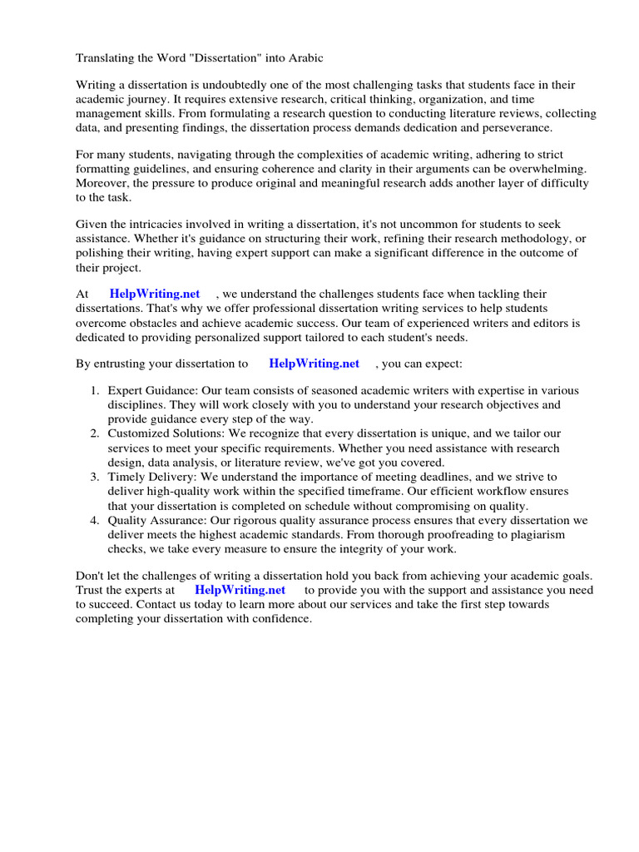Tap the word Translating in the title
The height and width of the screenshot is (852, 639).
click(x=105, y=58)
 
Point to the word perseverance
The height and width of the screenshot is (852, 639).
click(x=516, y=128)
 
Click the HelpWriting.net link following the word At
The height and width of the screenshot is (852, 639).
click(x=155, y=294)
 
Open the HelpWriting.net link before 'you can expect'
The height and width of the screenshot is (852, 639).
click(x=315, y=364)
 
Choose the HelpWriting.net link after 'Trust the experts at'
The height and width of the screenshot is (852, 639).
click(x=240, y=590)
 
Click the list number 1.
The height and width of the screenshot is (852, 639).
click(x=95, y=391)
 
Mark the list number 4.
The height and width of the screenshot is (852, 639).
click(x=95, y=521)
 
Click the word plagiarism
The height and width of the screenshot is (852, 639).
click(x=536, y=535)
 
